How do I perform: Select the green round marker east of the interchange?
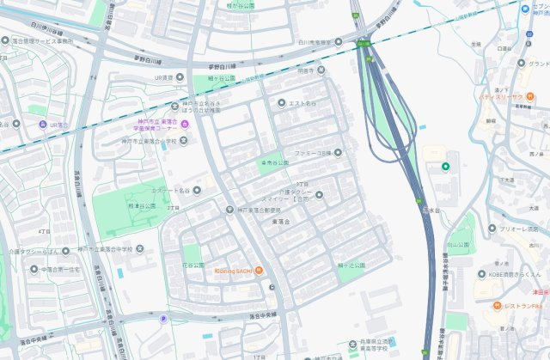(445, 166)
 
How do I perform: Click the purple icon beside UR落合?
(43, 125)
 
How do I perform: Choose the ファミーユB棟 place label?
(313, 153)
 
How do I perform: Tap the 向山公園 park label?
(461, 245)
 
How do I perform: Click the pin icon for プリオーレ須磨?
(492, 229)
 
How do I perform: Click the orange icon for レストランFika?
(497, 306)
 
